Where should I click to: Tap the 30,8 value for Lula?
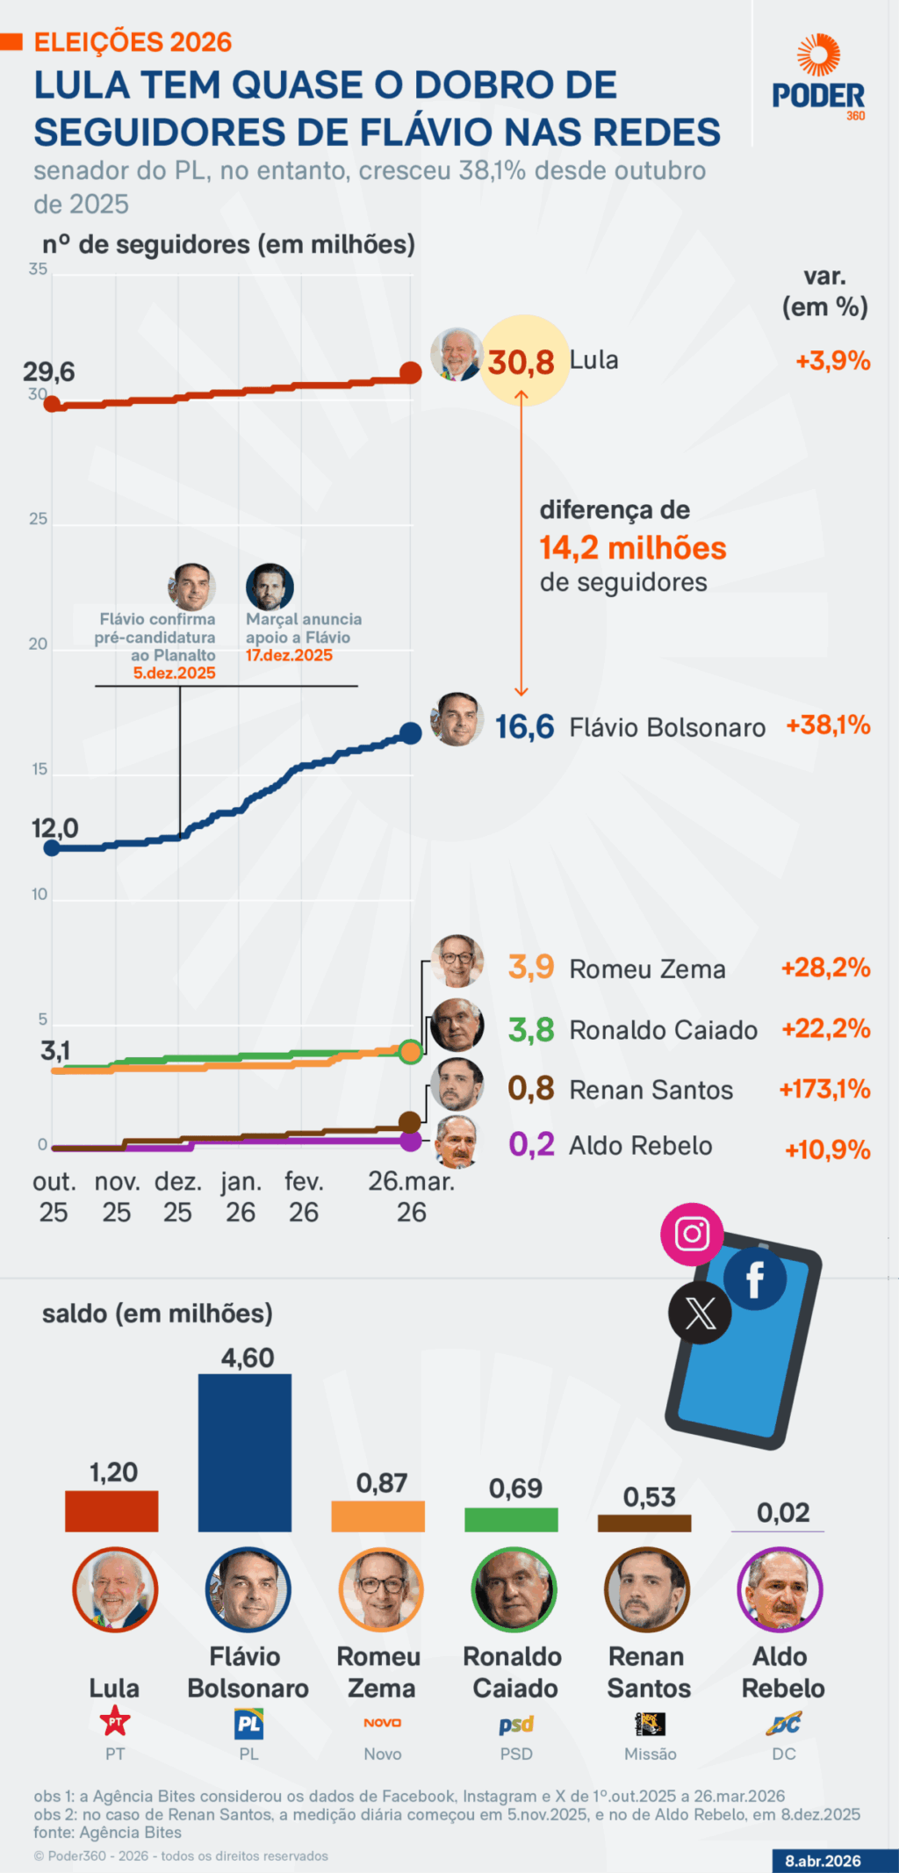point(521,362)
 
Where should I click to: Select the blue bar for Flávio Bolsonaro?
point(245,1452)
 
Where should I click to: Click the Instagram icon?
point(692,1234)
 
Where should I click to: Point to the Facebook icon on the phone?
point(754,1279)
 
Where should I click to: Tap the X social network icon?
point(700,1314)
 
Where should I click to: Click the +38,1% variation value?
point(828,725)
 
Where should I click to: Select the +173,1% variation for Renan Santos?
point(824,1090)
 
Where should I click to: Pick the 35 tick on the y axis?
point(38,269)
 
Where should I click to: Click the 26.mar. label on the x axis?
point(411,1182)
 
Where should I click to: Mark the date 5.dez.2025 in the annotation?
point(174,674)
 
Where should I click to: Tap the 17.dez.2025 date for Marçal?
point(289,655)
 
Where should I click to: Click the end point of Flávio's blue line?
point(410,733)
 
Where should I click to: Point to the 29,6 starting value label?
point(49,371)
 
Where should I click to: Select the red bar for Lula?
point(111,1511)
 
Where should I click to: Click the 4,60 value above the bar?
point(248,1358)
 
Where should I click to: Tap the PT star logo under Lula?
point(115,1722)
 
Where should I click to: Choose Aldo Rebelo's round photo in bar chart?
point(780,1589)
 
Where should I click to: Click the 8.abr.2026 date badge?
point(823,1861)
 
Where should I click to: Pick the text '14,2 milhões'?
point(633,548)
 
